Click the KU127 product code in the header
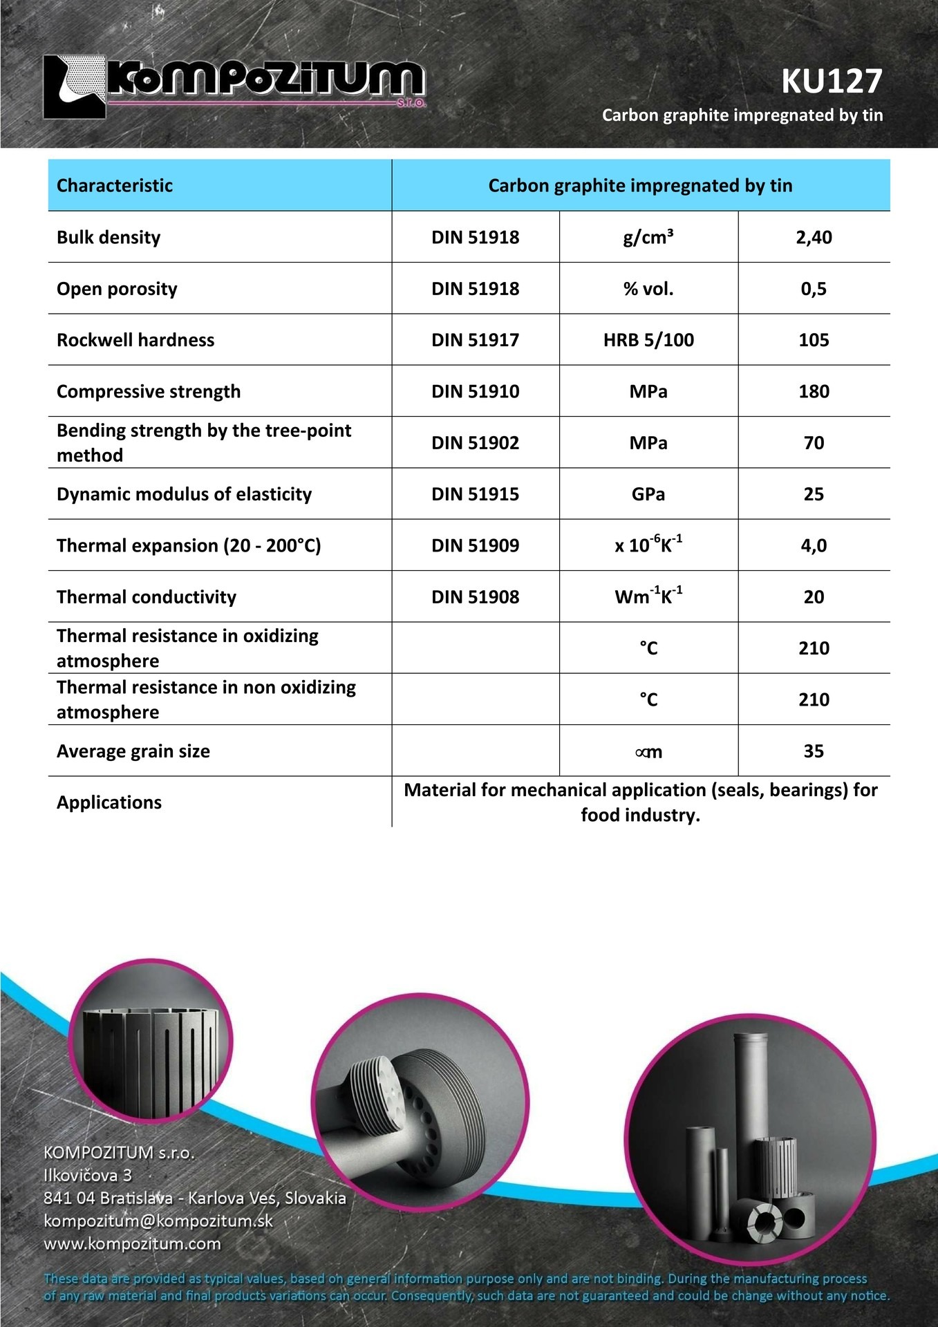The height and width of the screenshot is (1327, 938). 832,82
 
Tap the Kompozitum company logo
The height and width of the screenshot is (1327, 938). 234,86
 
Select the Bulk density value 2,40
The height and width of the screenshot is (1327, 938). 814,237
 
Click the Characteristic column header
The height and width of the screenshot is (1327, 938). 115,185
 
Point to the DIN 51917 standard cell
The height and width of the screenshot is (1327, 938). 475,340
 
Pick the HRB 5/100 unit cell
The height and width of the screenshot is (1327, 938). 648,340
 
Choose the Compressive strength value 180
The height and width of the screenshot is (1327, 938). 814,391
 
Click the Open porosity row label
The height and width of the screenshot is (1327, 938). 117,289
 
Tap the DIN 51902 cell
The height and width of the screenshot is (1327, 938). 475,443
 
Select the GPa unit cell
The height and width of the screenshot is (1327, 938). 648,494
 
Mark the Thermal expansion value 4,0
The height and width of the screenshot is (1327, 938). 814,545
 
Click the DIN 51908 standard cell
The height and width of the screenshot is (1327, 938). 475,597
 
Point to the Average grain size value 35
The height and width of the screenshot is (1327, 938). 814,751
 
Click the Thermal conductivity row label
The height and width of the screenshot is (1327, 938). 147,597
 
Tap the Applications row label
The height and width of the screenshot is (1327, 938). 109,802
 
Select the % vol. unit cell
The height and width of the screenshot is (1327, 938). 648,289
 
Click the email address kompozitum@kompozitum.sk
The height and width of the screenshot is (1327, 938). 158,1221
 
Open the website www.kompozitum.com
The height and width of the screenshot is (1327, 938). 132,1243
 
